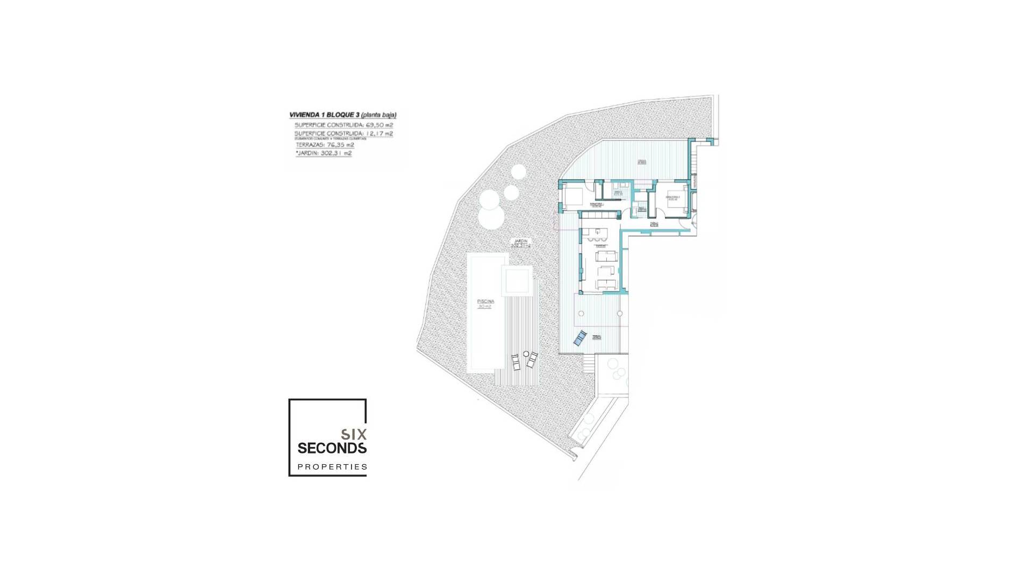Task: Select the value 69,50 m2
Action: [x=379, y=125]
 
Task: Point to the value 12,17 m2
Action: [x=379, y=133]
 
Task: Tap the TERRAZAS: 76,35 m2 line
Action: [x=325, y=145]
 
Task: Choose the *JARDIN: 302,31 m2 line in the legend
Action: [x=324, y=153]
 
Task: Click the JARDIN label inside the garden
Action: [x=520, y=241]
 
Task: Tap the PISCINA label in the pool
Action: [x=485, y=301]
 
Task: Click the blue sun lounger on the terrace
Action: [x=579, y=338]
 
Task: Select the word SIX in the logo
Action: [x=354, y=434]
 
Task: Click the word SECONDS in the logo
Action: [x=332, y=448]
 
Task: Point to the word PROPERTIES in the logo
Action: [x=332, y=467]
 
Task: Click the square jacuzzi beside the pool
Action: [x=517, y=280]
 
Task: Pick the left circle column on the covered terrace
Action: [x=580, y=314]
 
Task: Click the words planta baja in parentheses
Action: [x=378, y=115]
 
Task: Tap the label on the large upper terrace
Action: [x=642, y=161]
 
